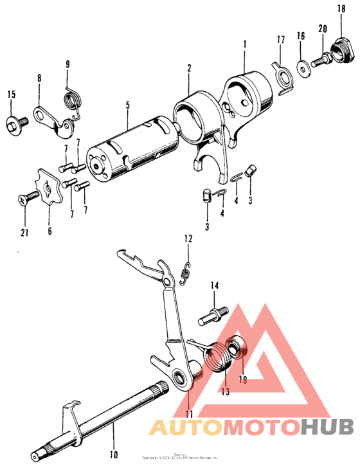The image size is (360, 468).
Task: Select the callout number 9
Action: tap(68, 64)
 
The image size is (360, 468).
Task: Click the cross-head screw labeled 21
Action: tap(24, 201)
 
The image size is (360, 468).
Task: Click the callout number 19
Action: tap(242, 379)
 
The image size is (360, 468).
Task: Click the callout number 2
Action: tap(189, 68)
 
